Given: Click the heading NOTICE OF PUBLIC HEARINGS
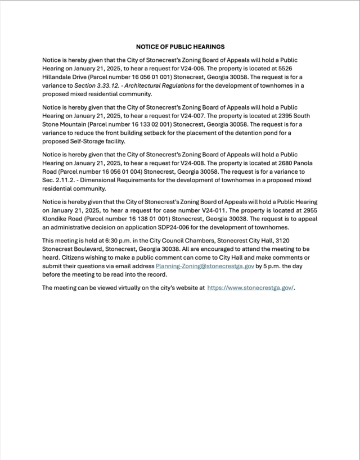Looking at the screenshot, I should pyautogui.click(x=180, y=47).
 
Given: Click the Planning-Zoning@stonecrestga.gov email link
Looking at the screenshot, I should pyautogui.click(x=205, y=266).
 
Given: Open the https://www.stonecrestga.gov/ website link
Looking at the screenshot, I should pyautogui.click(x=250, y=287).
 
